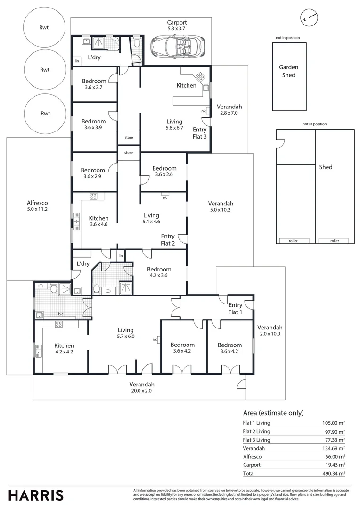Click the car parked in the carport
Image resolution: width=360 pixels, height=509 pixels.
178,46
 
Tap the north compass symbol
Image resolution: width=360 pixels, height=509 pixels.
309,17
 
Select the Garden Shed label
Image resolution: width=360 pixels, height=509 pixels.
288,71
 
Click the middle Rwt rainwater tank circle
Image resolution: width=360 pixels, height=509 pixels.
45,70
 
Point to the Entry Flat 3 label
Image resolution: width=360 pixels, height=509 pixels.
200,133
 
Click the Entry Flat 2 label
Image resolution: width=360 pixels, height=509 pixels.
168,240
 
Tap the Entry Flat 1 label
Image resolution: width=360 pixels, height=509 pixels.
235,309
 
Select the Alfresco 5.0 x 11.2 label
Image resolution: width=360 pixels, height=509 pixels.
37,206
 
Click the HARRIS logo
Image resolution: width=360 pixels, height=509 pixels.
36,495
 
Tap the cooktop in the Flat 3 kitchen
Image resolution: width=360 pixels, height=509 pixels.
200,77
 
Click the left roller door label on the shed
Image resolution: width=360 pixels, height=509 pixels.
293,241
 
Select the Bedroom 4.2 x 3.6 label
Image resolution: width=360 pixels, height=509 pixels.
159,272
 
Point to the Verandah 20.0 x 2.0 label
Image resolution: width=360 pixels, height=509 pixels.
142,387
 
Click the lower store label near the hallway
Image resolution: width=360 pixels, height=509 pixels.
129,153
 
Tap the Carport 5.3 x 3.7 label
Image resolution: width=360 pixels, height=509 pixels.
177,25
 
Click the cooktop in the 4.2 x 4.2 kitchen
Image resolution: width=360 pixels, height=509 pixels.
59,324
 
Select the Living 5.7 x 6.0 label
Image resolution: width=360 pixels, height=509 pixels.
126,333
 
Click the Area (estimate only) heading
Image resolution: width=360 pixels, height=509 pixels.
273,413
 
